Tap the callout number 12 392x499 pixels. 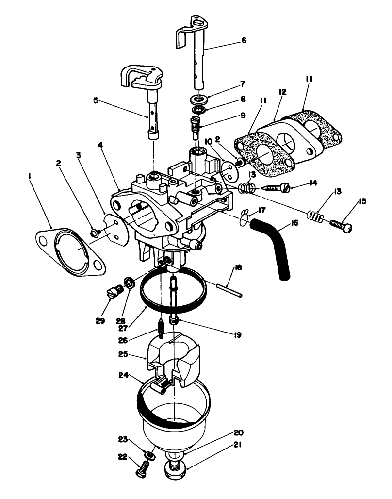(282, 92)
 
